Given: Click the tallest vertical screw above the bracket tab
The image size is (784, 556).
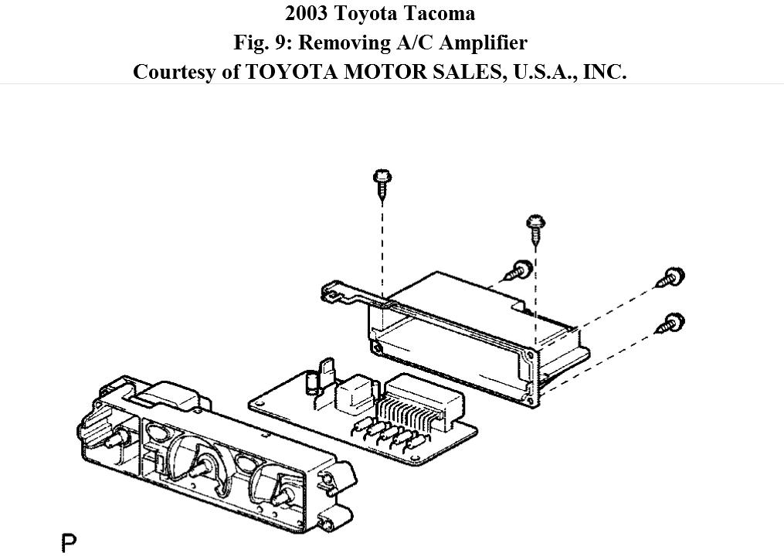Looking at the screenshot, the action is [x=381, y=182].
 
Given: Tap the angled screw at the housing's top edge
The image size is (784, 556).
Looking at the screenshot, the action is [x=517, y=270].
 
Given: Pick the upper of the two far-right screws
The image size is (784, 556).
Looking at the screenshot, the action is [x=671, y=277].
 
